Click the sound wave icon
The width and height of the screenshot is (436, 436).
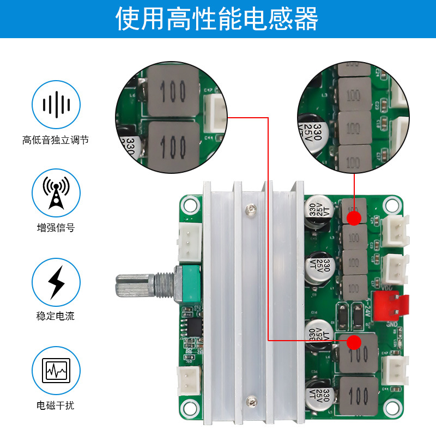[x=56, y=104]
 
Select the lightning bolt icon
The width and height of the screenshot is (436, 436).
[x=56, y=282]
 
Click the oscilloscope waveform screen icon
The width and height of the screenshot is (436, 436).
[x=56, y=371]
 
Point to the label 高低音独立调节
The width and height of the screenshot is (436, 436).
[x=56, y=140]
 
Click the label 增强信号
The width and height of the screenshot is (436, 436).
[x=56, y=228]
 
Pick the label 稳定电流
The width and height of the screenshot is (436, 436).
[x=56, y=317]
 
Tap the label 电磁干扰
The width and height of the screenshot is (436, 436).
[x=56, y=405]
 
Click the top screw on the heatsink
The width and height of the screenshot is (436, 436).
[x=250, y=208]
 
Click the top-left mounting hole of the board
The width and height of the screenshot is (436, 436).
[x=189, y=205]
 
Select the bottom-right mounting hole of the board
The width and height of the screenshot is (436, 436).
[x=391, y=409]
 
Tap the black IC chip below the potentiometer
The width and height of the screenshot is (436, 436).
[x=193, y=326]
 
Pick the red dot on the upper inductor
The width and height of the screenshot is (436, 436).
[x=354, y=218]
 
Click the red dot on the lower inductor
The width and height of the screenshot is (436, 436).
[x=354, y=342]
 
